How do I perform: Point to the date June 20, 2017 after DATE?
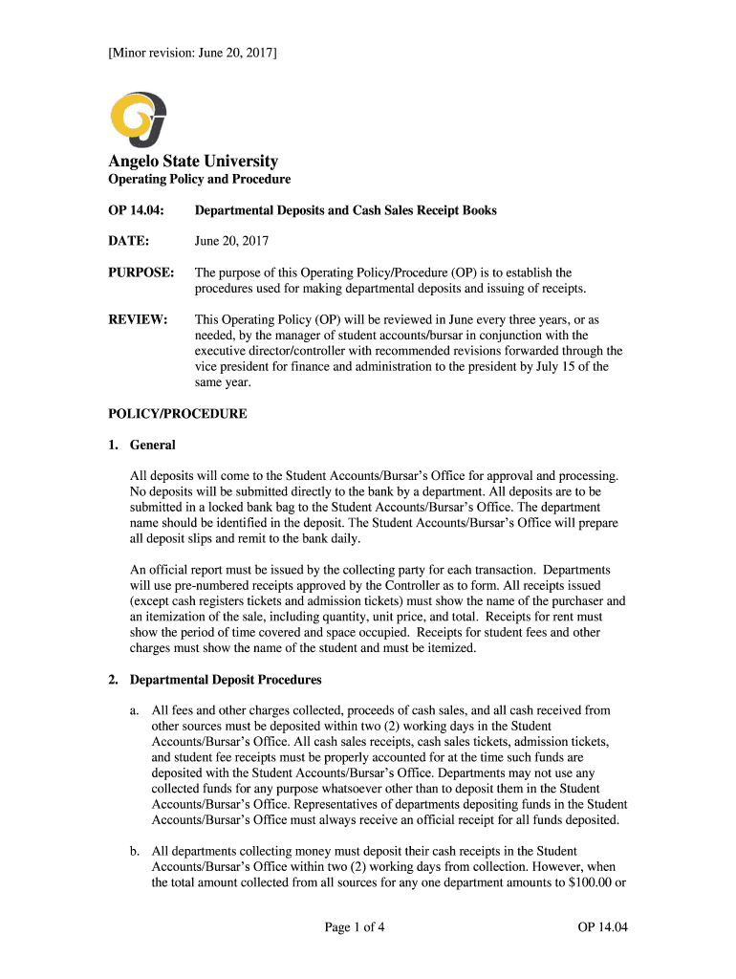231,242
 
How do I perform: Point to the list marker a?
136,710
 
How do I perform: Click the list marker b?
136,851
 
